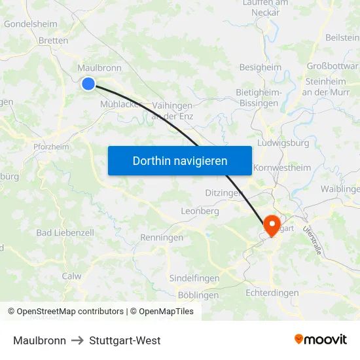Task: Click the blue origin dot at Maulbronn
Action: pos(88,83)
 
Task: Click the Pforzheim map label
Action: pos(51,147)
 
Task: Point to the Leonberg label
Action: pos(200,211)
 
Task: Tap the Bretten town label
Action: pos(54,41)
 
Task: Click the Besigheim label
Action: pos(261,67)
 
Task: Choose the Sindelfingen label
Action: pos(194,278)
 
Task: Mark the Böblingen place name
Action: pos(198,295)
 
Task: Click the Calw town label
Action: pos(71,276)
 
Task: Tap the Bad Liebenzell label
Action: pos(65,232)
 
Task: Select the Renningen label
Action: pos(162,238)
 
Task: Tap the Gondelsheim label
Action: pos(31,24)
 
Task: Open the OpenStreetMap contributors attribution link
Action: pos(70,312)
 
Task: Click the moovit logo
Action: pos(321,339)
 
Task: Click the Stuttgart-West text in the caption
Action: pos(125,340)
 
